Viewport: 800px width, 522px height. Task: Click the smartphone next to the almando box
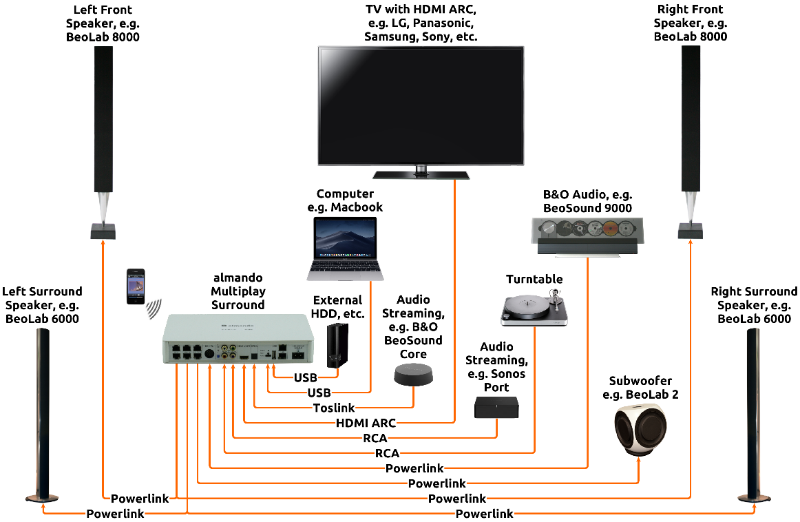click(135, 286)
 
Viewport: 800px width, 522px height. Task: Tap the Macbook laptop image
click(346, 249)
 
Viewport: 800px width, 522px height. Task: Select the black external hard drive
click(337, 345)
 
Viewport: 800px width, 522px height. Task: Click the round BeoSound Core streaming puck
click(413, 374)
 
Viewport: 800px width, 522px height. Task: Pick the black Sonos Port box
click(496, 407)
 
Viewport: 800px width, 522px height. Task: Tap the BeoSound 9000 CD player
click(587, 236)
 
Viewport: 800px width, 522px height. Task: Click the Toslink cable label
click(334, 408)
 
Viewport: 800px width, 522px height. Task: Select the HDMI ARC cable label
click(366, 423)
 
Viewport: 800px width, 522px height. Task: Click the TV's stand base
click(421, 175)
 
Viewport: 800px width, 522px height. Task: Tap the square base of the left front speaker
click(103, 231)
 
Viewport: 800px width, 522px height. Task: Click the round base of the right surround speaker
click(754, 498)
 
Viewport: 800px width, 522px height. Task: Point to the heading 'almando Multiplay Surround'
click(238, 291)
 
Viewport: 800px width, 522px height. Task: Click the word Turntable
click(534, 279)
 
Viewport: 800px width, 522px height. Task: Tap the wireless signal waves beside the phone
click(154, 309)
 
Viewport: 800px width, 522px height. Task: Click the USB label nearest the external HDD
click(306, 377)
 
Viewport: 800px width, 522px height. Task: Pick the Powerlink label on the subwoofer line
click(436, 483)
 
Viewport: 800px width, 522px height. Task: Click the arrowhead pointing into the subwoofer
click(638, 460)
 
